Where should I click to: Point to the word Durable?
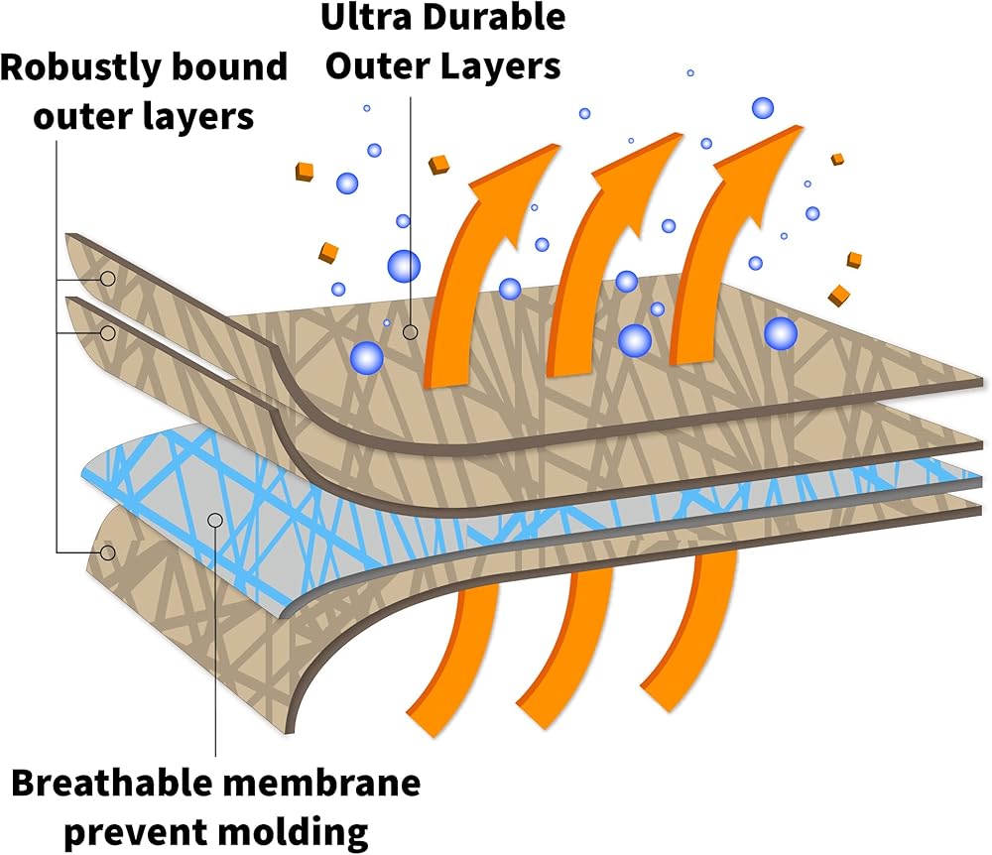click(493, 17)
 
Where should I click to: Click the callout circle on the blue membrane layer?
click(215, 520)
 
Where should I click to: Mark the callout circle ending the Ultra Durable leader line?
click(411, 331)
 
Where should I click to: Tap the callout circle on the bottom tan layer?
click(108, 552)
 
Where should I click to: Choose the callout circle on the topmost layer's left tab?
click(108, 278)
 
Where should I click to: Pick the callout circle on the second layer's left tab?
click(108, 332)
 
